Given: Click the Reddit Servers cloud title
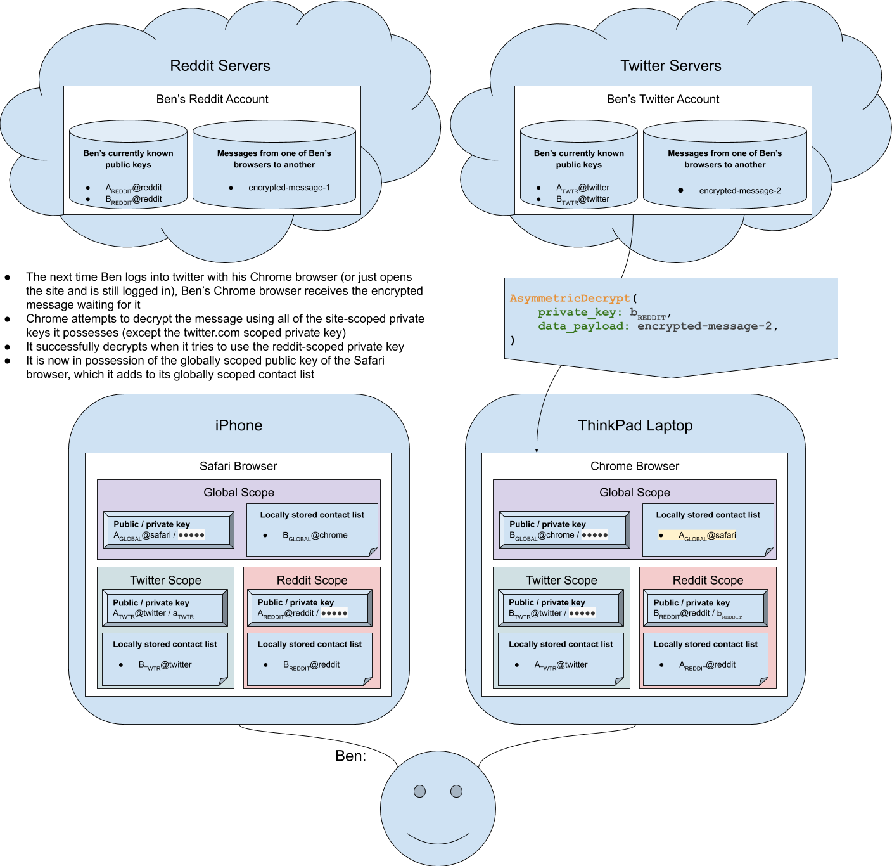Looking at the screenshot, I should pyautogui.click(x=220, y=66).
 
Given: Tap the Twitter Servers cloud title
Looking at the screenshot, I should pyautogui.click(x=670, y=66).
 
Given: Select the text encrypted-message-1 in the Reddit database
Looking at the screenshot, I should pyautogui.click(x=289, y=188).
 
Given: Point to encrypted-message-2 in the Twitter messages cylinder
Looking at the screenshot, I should pyautogui.click(x=740, y=191).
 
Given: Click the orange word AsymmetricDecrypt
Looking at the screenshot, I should pyautogui.click(x=570, y=298).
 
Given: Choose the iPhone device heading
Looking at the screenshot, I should pyautogui.click(x=238, y=425).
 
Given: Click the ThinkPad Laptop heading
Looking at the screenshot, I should pyautogui.click(x=635, y=425).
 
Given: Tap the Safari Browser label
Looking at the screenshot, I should pyautogui.click(x=238, y=466).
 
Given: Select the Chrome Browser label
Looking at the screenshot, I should pyautogui.click(x=634, y=466).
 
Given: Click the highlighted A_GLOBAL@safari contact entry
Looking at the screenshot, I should pyautogui.click(x=707, y=536).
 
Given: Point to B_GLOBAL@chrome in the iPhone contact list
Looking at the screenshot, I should pyautogui.click(x=315, y=536).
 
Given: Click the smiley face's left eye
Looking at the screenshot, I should pyautogui.click(x=419, y=791).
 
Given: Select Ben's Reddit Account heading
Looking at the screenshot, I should pyautogui.click(x=212, y=100).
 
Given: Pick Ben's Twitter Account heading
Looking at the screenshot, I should pyautogui.click(x=663, y=100).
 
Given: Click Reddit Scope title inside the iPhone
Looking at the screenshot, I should pyautogui.click(x=312, y=580).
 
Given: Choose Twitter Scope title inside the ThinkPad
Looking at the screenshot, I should pyautogui.click(x=561, y=580).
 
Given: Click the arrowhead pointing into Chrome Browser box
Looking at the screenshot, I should pyautogui.click(x=537, y=451).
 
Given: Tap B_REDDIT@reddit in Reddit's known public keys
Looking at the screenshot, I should pyautogui.click(x=134, y=200).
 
